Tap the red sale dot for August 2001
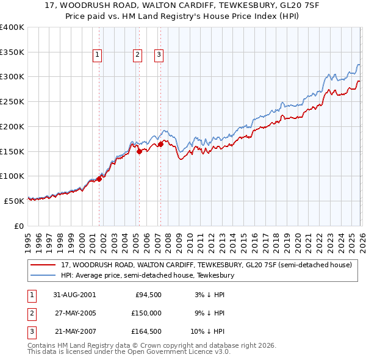[99, 179]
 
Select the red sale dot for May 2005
[139, 151]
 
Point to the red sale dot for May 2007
[160, 145]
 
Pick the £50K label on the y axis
[14, 201]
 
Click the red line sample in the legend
[43, 265]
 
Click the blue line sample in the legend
[43, 276]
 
